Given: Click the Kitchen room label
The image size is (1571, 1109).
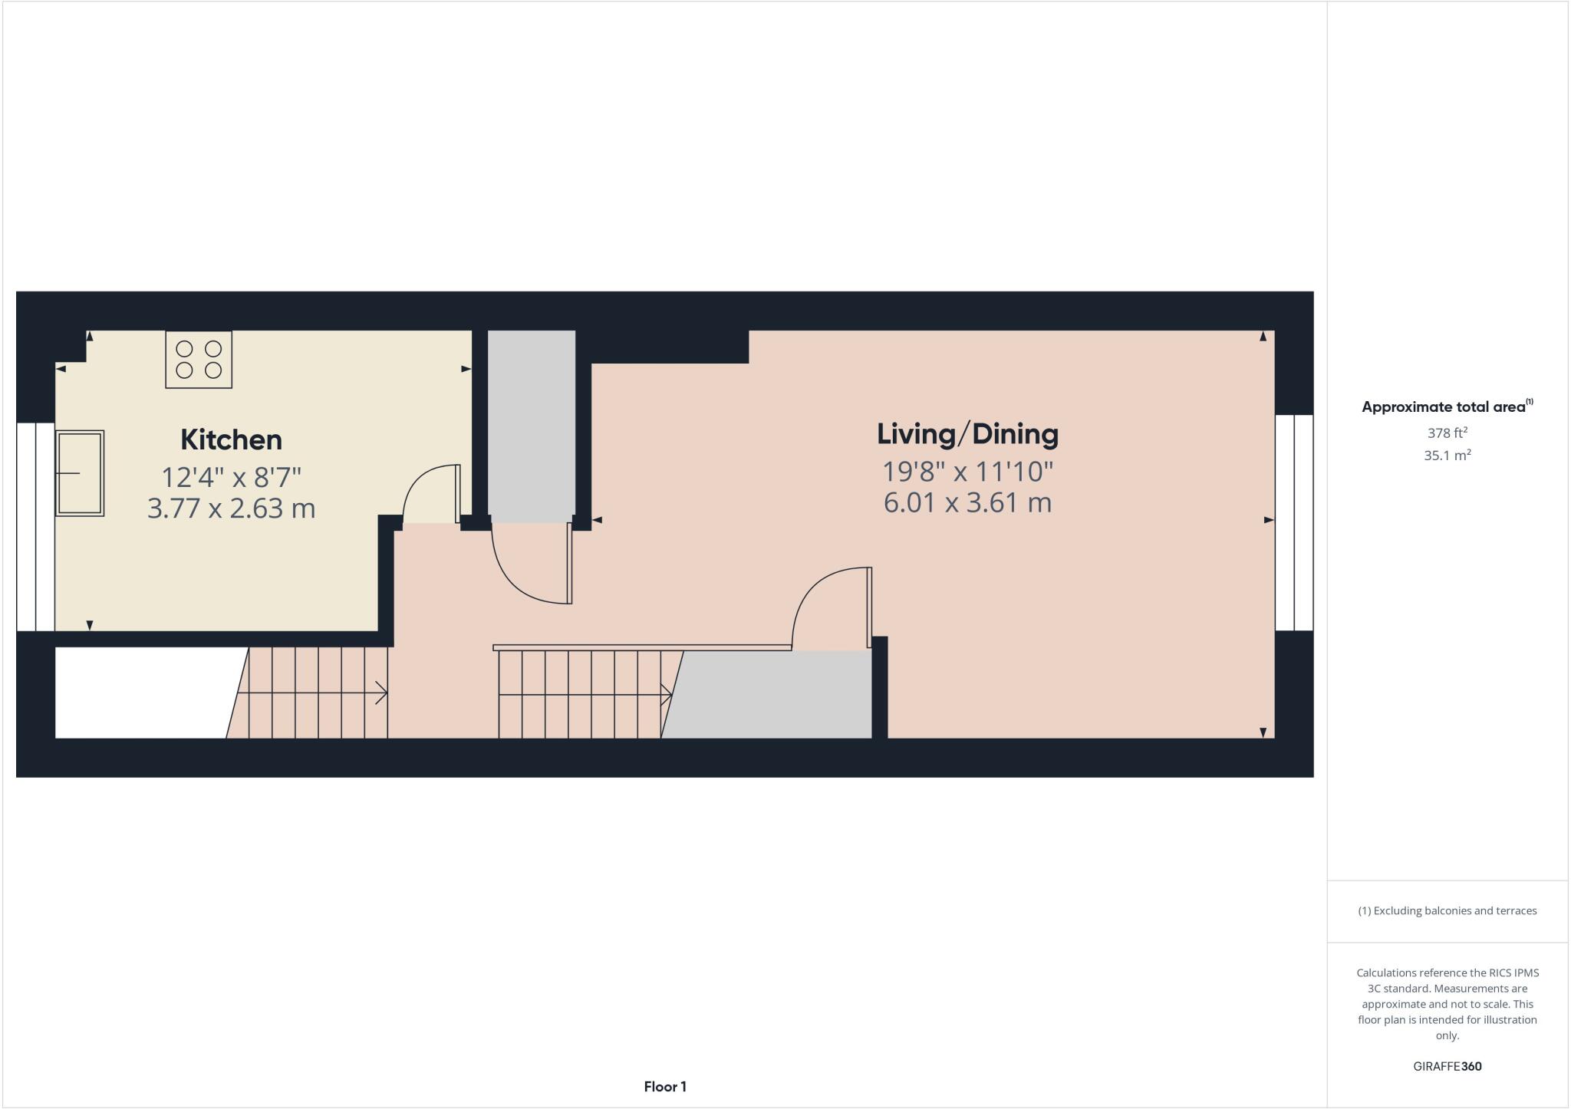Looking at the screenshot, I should coord(231,439).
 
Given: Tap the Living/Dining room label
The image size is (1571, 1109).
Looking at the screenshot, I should coord(967,434).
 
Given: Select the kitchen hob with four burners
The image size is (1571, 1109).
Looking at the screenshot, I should coord(199,360).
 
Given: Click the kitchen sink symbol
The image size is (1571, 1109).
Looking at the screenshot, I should coord(79,473).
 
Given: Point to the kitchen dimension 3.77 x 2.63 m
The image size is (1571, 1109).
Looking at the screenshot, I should coord(231,508).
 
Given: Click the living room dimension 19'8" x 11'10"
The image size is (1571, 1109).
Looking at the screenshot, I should coord(967,471).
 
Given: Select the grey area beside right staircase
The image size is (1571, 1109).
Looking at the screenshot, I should coord(771,695).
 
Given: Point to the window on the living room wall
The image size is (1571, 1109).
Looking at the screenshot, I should coord(1294,522).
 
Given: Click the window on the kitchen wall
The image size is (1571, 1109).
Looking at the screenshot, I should coord(35,527).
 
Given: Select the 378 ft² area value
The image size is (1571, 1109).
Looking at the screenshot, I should coord(1447,433).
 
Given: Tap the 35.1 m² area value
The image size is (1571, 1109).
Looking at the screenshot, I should coord(1447,456).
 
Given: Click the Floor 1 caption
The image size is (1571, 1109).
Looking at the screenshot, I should coord(665,1087).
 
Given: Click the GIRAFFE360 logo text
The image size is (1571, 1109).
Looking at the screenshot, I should coord(1447,1066).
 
